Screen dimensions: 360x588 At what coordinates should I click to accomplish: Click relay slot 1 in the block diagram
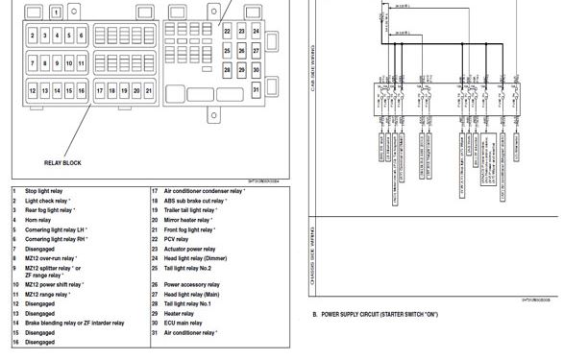57,12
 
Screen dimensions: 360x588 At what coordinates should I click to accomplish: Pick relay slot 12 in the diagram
33,91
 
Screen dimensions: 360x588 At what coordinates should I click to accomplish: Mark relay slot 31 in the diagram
257,89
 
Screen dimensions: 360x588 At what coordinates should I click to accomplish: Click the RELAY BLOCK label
62,163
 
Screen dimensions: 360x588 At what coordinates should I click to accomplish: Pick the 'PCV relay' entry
178,239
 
